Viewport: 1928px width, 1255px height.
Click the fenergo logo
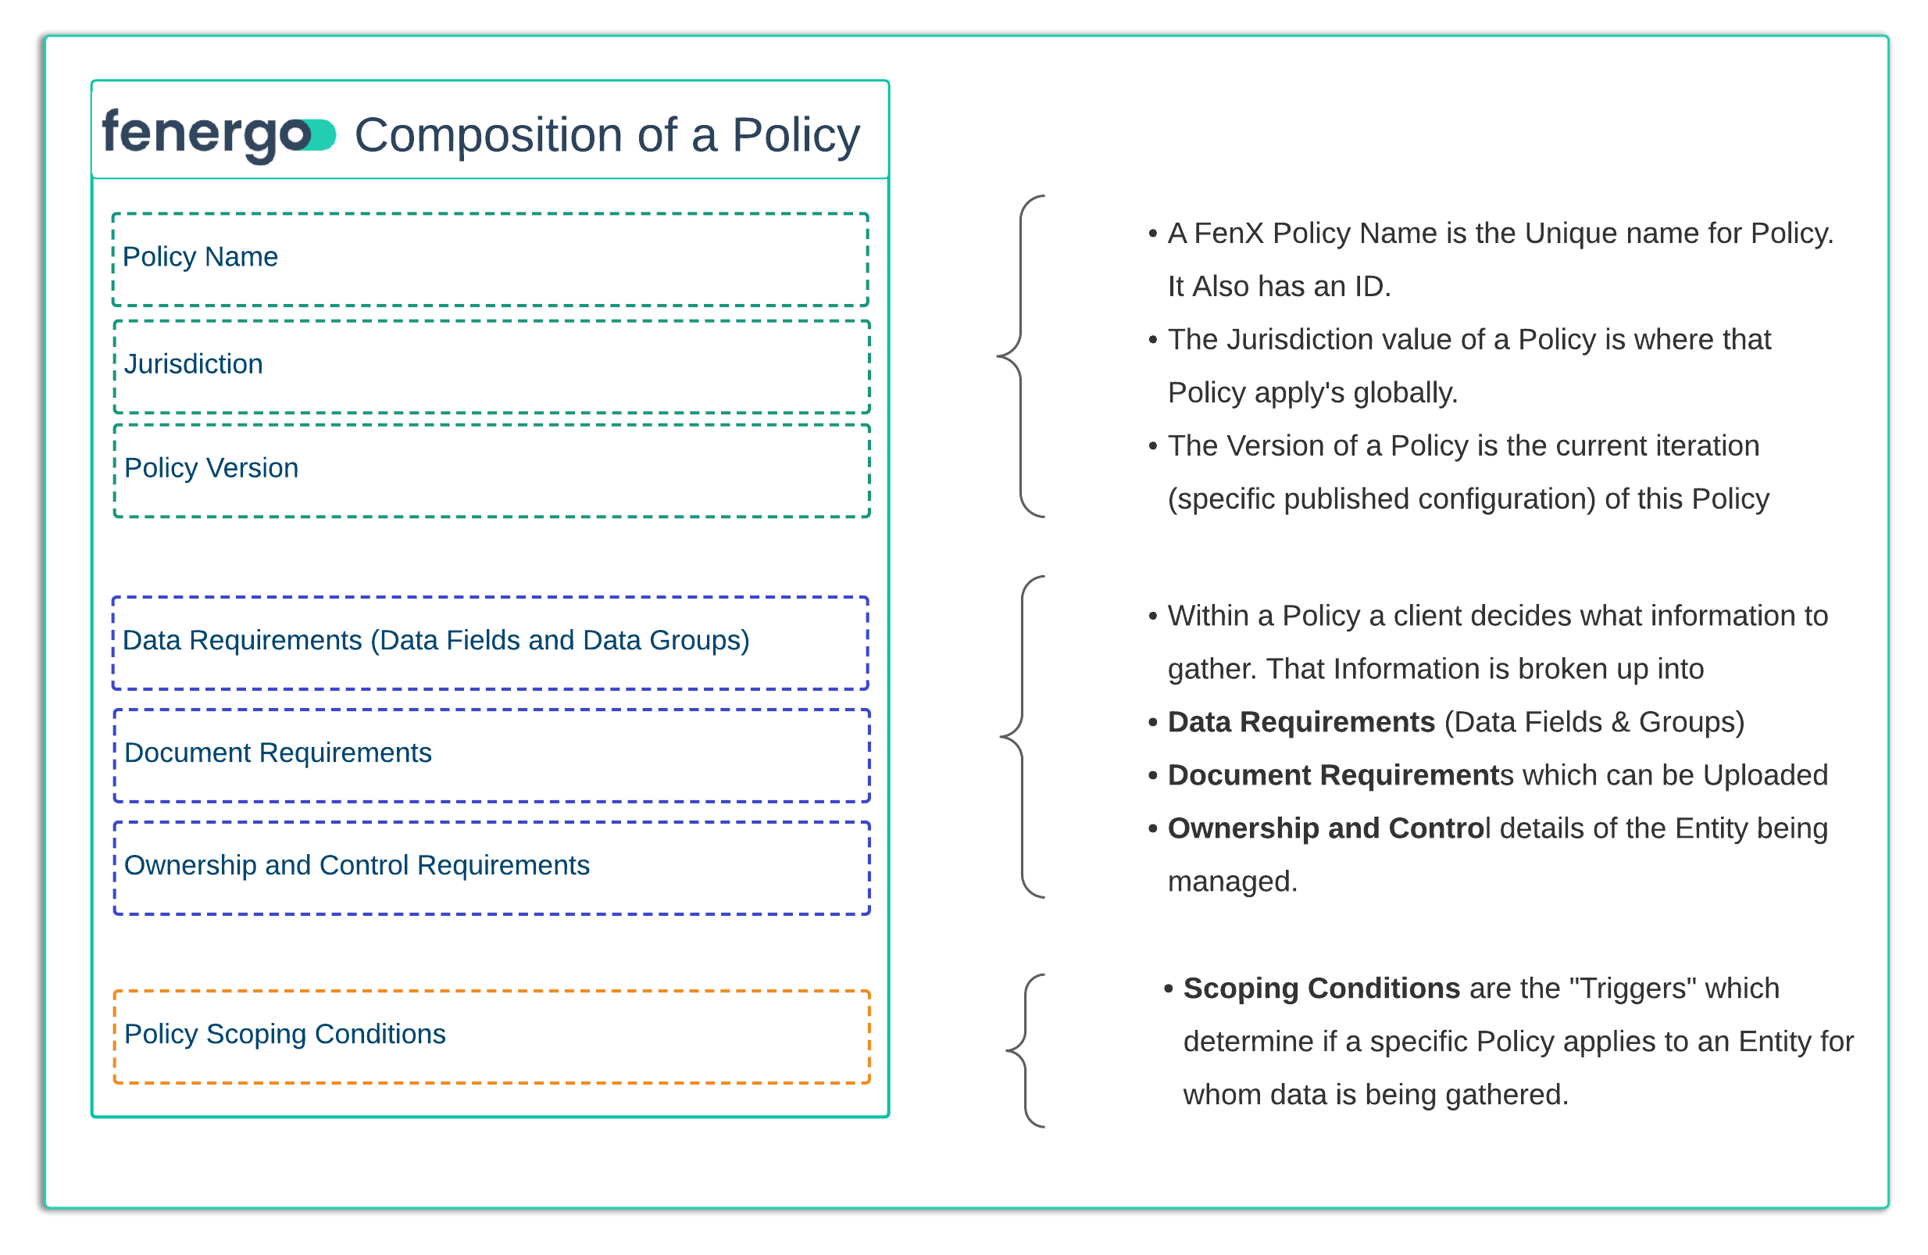(x=217, y=134)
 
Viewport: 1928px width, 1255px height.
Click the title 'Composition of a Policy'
(x=607, y=134)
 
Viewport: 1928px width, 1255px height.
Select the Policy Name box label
(x=200, y=257)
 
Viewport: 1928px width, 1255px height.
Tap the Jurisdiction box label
(x=194, y=365)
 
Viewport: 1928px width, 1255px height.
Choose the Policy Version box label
(x=212, y=468)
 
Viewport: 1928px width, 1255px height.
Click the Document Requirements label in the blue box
(x=278, y=753)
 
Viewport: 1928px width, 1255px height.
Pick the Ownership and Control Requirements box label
(x=356, y=866)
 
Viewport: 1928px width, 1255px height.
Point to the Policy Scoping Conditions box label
(x=285, y=1035)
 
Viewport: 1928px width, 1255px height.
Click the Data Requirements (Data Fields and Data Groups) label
(x=436, y=641)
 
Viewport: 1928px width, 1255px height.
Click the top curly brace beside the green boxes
(x=1021, y=356)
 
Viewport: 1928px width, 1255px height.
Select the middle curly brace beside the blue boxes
(x=1023, y=737)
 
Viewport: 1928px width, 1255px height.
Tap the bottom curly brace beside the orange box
(x=1026, y=1051)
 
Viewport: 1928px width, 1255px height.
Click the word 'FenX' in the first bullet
(x=1228, y=234)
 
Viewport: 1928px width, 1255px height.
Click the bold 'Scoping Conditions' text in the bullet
(x=1321, y=989)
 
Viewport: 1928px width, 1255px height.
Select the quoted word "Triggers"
(x=1633, y=989)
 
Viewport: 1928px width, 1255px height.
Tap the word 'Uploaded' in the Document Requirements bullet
(x=1766, y=776)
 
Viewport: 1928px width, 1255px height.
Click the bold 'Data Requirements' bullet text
(x=1301, y=723)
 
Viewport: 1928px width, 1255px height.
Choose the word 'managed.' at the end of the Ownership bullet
(x=1232, y=882)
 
